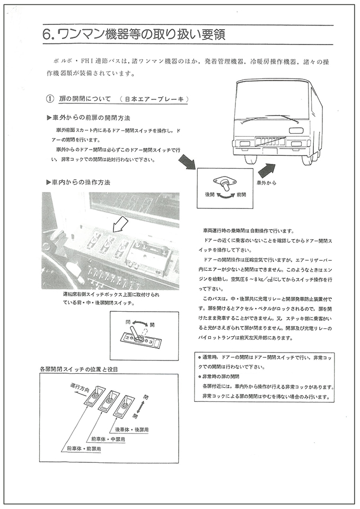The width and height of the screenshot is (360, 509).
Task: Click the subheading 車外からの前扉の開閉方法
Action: click(91, 117)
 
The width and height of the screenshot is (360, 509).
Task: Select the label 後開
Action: click(210, 195)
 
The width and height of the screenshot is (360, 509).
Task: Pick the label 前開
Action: click(242, 195)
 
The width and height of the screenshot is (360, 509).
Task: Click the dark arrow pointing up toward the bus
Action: click(267, 170)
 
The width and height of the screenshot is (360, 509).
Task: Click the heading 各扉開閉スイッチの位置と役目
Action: click(78, 368)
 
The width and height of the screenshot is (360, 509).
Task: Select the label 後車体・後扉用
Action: click(131, 429)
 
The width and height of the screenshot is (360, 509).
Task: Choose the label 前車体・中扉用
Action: click(108, 439)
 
